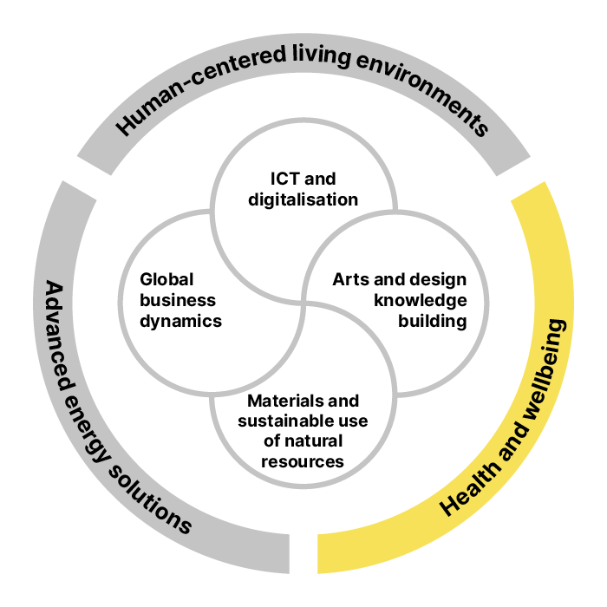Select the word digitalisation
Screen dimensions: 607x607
tap(303, 199)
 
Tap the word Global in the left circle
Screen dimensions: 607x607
tap(166, 279)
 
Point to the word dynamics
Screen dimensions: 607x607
tap(181, 321)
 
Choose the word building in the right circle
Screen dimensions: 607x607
tap(433, 321)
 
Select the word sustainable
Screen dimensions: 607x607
tap(278, 421)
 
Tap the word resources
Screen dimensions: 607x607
tap(303, 461)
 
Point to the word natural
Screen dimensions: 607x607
tap(314, 441)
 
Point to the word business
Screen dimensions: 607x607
tap(178, 300)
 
